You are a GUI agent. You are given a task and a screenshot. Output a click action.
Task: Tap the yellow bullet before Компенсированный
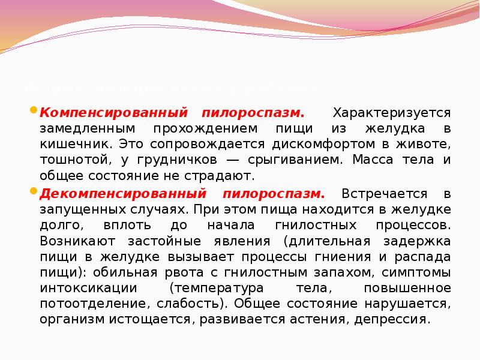pos(34,111)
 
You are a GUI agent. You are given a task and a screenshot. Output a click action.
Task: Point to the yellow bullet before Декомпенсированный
pos(34,192)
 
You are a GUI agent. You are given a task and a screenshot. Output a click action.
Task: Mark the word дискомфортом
pos(316,145)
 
